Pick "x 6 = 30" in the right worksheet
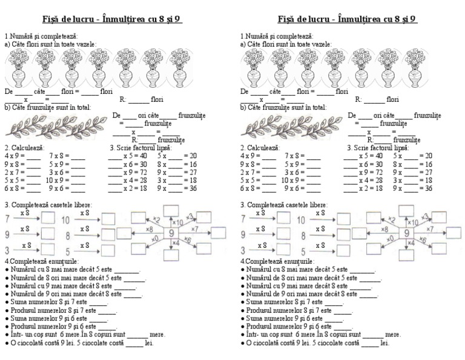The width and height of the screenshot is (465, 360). click(x=372, y=164)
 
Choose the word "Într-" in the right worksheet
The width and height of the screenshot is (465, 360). click(x=254, y=334)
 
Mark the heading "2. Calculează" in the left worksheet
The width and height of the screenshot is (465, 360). click(x=23, y=147)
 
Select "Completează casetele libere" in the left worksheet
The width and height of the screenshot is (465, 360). click(x=51, y=205)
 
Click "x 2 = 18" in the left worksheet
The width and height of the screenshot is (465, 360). click(x=137, y=188)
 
